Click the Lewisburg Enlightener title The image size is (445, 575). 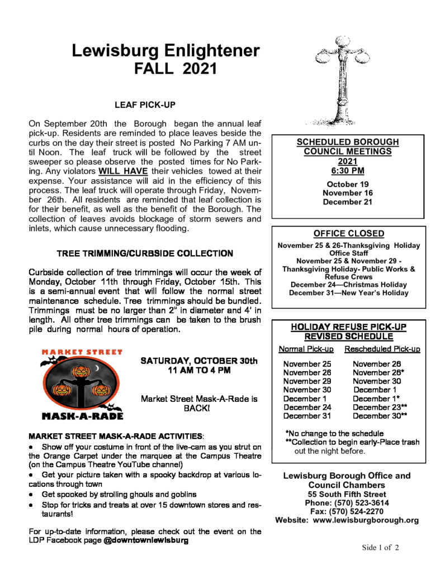[165, 51]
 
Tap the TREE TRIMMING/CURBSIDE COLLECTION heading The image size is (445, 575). [145, 253]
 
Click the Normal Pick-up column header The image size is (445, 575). [306, 349]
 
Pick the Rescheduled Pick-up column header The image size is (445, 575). [382, 349]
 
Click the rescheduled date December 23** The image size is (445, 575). [380, 407]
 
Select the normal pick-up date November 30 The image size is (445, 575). [307, 390]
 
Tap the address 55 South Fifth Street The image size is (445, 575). [347, 494]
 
